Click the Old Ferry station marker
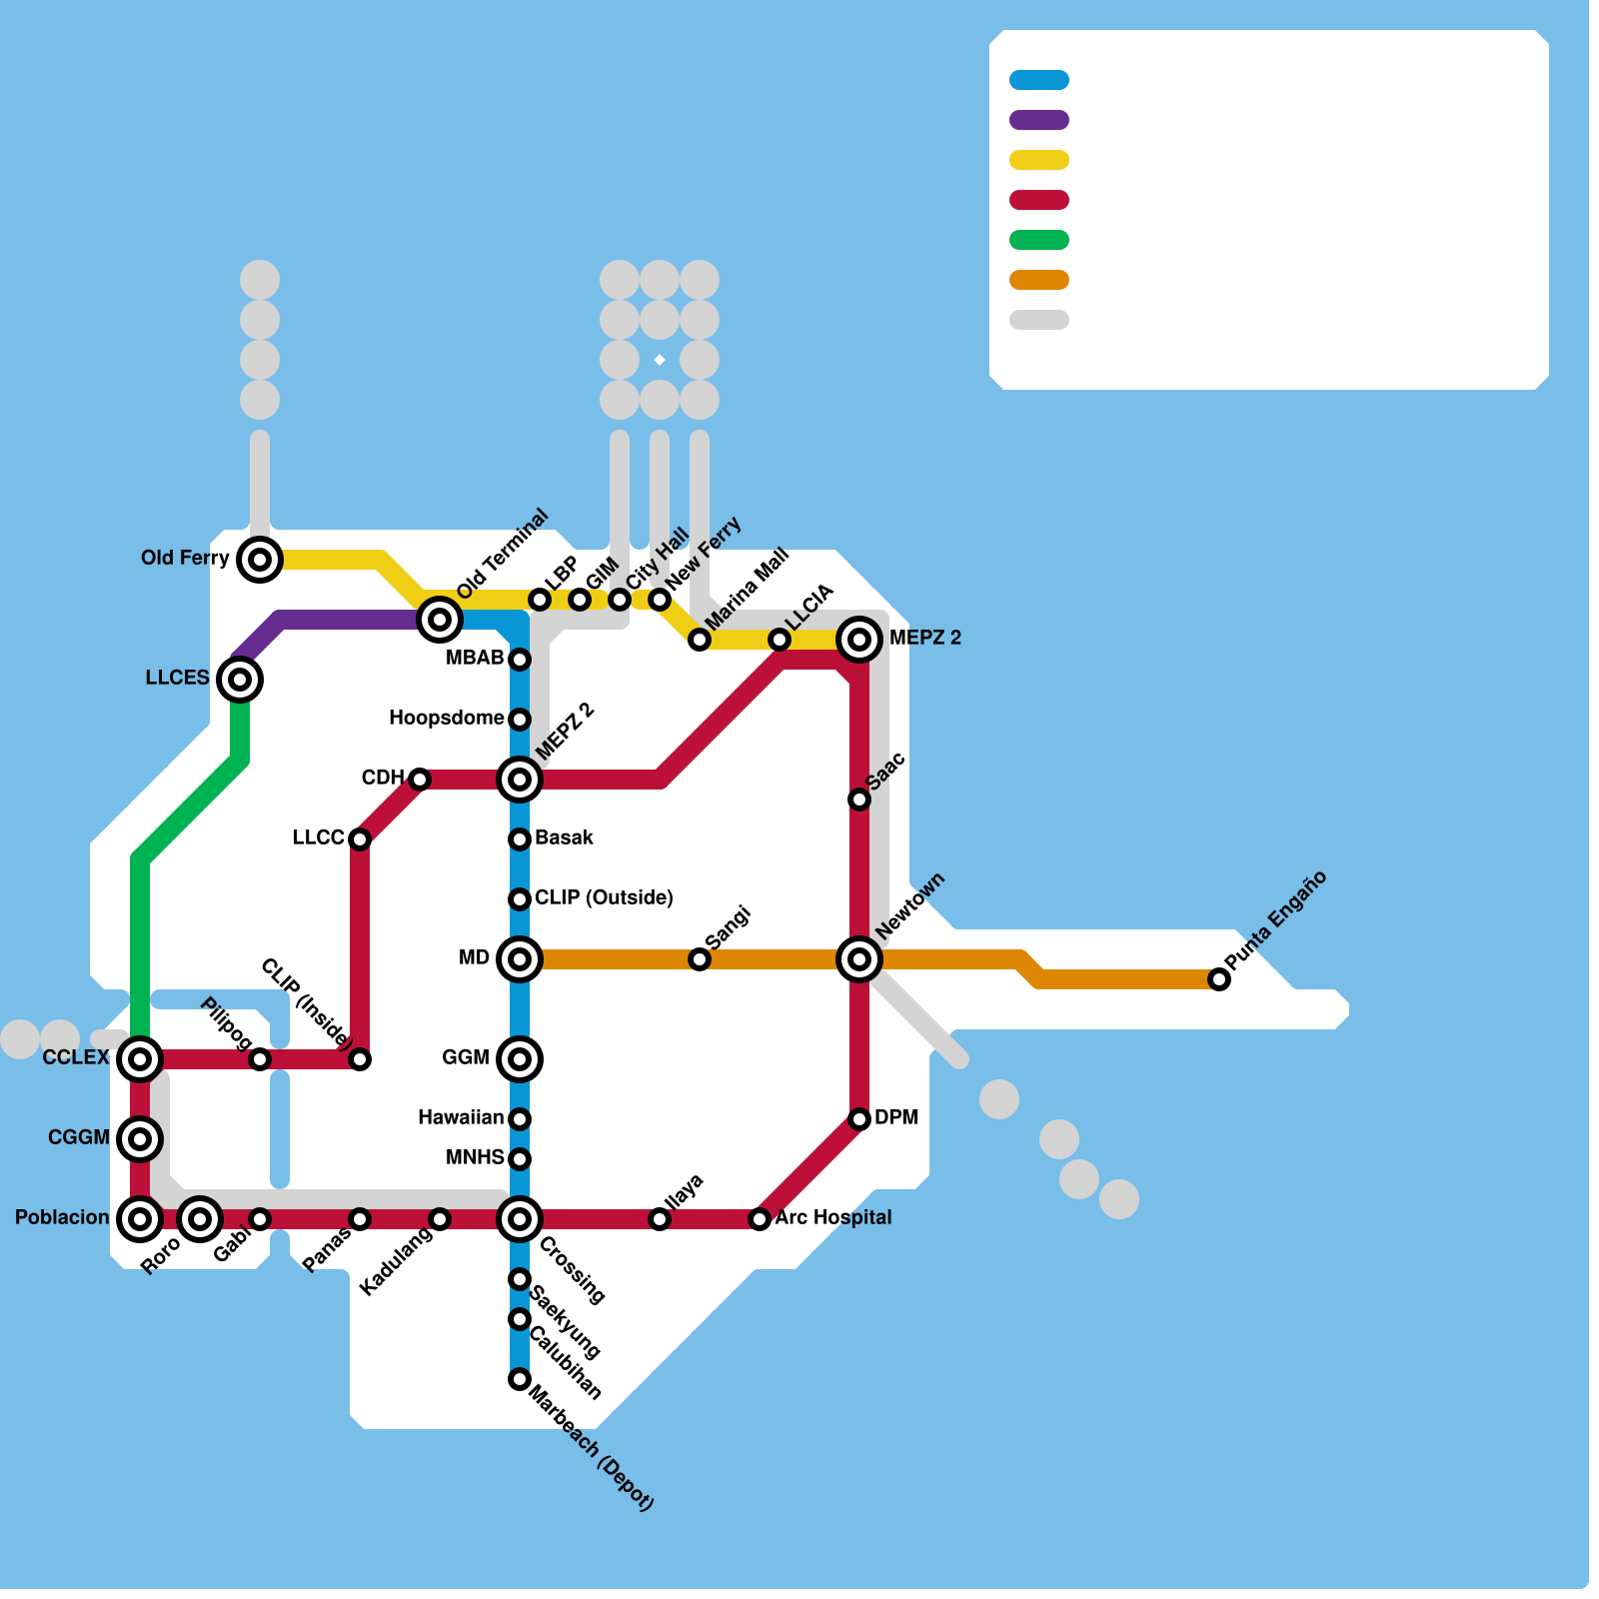click(260, 560)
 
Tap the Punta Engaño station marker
click(1219, 979)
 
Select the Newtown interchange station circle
click(859, 959)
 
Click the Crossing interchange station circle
click(520, 1219)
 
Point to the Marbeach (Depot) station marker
click(520, 1379)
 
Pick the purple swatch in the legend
click(1039, 120)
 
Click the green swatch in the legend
click(1039, 240)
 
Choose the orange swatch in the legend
click(1039, 280)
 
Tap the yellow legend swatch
click(1039, 160)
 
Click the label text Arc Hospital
click(832, 1217)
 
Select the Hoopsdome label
click(446, 718)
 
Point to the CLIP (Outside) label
click(604, 897)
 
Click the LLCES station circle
click(240, 680)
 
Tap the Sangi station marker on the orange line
click(700, 959)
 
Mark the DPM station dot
click(859, 1119)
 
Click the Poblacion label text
click(62, 1217)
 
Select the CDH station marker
click(420, 780)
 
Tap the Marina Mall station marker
click(700, 640)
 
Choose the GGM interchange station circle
click(520, 1059)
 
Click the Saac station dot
click(859, 799)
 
